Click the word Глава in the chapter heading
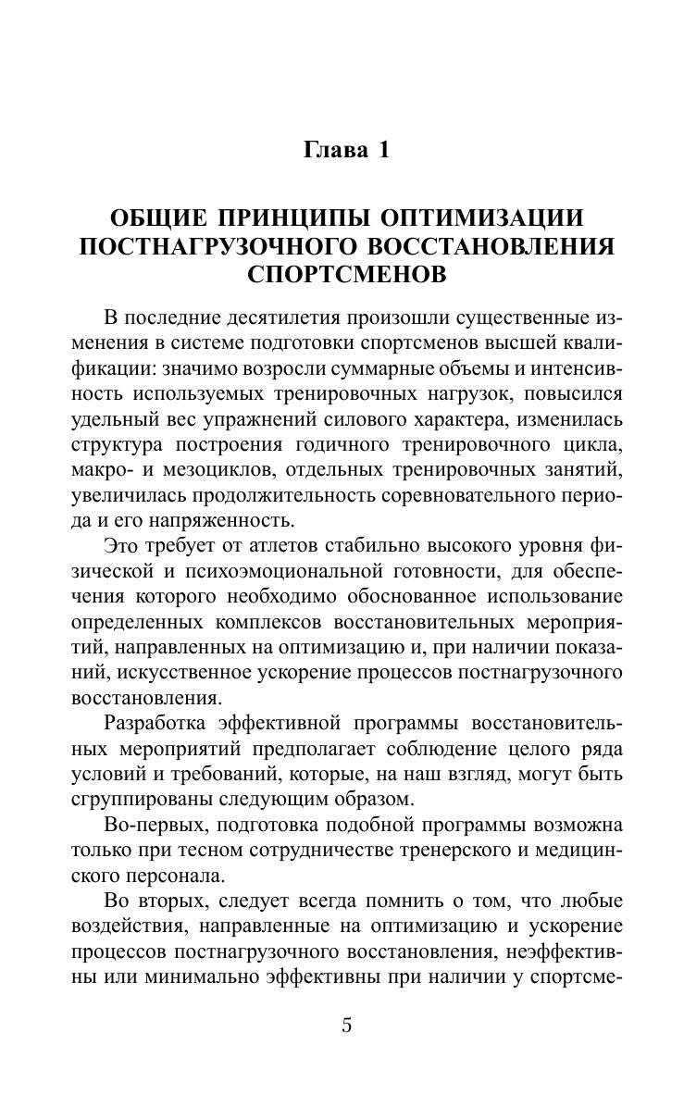click(333, 151)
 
